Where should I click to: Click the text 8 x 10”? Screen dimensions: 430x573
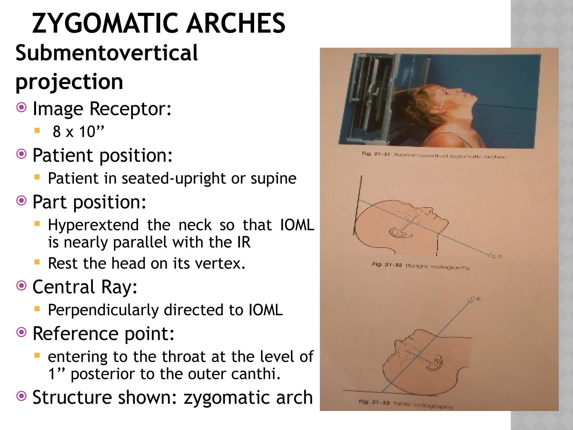pos(78,132)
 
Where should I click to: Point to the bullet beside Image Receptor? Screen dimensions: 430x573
pos(22,107)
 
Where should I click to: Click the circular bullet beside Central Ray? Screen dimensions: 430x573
pos(22,286)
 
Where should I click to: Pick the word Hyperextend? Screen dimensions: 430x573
pos(93,225)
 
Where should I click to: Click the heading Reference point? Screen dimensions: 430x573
pos(104,333)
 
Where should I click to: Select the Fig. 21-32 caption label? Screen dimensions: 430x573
pos(387,265)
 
